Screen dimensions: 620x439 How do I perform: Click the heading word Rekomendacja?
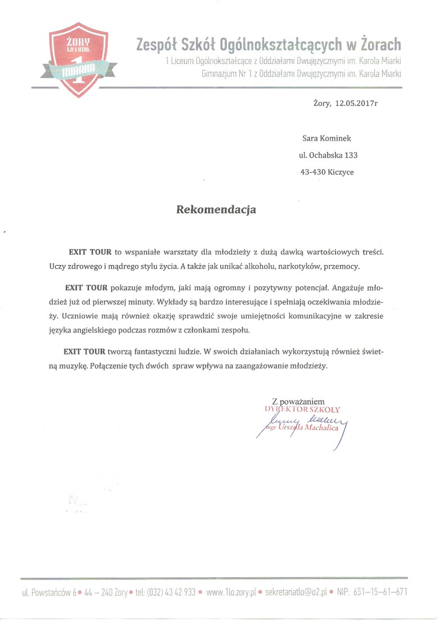click(217, 210)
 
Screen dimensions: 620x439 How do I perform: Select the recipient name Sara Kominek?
click(327, 138)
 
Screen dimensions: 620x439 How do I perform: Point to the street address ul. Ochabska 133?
click(328, 155)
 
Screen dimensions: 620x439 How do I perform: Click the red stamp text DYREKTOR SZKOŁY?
click(303, 410)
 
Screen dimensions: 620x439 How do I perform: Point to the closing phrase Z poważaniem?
click(298, 401)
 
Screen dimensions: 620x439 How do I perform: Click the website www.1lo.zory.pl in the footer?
click(231, 592)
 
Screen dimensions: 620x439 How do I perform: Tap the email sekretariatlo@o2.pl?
click(296, 592)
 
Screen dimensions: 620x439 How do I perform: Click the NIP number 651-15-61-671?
click(379, 592)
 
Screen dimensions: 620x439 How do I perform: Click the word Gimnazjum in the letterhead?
click(222, 74)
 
